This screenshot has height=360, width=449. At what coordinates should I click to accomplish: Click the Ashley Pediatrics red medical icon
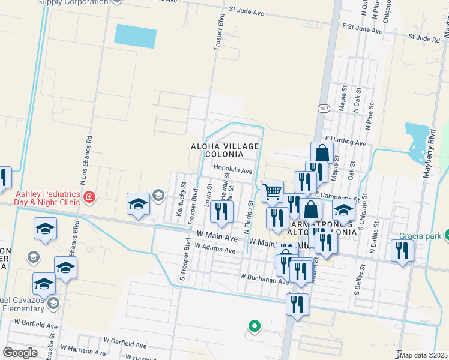click(x=89, y=196)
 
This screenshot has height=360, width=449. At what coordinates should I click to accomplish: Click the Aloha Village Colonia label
click(x=225, y=150)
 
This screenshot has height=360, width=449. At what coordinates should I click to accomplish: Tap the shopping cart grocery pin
click(x=272, y=192)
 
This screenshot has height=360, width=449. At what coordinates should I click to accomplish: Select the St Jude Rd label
click(x=424, y=38)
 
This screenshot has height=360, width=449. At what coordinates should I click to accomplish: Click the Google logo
click(x=20, y=352)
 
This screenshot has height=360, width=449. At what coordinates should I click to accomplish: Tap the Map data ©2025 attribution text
click(x=424, y=355)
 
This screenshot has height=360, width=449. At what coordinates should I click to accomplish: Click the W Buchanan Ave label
click(x=265, y=278)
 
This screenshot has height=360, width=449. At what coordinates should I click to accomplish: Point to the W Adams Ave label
click(x=215, y=248)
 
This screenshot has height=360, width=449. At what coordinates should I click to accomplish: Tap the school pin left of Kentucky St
click(x=139, y=205)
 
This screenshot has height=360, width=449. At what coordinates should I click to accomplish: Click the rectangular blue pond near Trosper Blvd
click(x=136, y=36)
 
